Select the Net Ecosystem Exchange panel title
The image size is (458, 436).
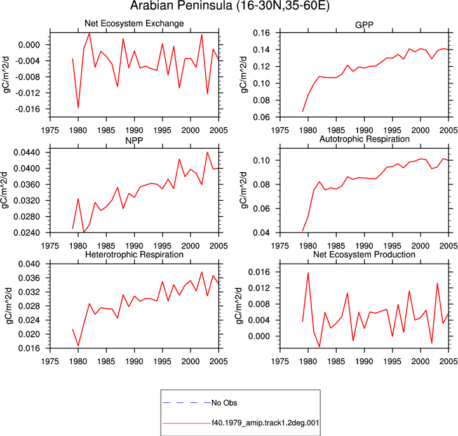coord(134,24)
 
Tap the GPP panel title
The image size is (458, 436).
coord(364,25)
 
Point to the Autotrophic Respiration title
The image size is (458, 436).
coord(364,139)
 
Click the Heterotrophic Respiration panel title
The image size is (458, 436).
coord(134,254)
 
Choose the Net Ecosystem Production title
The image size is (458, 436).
coord(364,254)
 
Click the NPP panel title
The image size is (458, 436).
coord(134,140)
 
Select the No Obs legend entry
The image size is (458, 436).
coord(224,403)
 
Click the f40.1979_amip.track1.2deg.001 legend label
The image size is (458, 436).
coord(266,423)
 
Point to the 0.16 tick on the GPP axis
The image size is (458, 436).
coord(262,33)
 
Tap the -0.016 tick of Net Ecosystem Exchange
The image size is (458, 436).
coord(27,109)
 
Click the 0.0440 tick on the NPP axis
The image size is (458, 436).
coord(27,153)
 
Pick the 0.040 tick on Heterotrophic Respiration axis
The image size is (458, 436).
coord(29,264)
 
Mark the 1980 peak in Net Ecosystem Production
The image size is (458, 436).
coord(308,273)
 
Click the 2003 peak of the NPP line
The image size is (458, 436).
coord(207,153)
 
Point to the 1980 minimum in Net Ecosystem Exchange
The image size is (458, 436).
coord(78,108)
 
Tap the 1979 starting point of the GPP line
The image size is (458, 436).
coord(302,111)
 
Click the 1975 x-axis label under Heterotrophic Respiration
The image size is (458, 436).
coord(50,362)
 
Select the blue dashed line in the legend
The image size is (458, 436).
coord(187,403)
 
